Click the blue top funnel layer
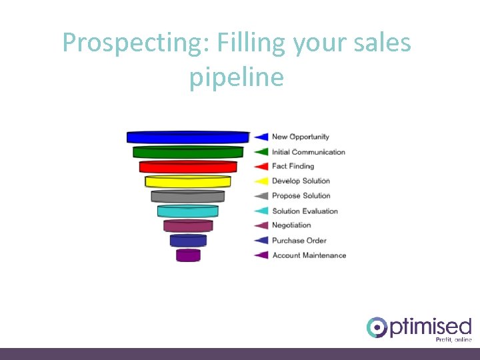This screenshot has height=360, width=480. point(188,137)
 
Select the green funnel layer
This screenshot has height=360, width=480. point(188,152)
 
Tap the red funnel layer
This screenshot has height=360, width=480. point(188,167)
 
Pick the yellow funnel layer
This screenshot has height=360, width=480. point(188,181)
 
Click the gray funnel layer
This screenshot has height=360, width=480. point(188,196)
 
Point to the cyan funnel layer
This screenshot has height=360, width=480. point(188,211)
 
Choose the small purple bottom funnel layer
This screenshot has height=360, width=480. point(188,255)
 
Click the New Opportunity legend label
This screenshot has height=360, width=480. point(300,137)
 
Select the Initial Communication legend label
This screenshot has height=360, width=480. point(308,152)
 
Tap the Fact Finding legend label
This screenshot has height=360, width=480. point(293,166)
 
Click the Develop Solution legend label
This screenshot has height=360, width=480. point(301,181)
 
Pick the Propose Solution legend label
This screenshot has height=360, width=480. point(301,195)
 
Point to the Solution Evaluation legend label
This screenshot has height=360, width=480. point(305,211)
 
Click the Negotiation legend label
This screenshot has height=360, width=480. point(291,225)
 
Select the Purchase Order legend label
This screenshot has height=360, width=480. point(299,240)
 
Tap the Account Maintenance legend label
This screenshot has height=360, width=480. point(309,255)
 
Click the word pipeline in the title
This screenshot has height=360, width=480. point(237,77)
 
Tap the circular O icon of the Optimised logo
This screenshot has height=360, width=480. point(377,327)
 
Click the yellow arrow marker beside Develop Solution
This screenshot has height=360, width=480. point(261,181)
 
